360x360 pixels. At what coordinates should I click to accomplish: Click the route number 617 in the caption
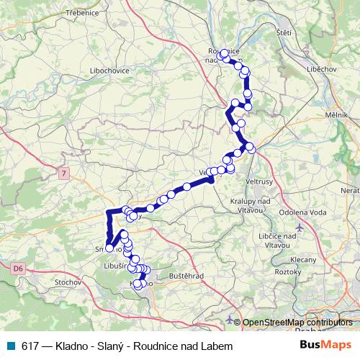[30, 346]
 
